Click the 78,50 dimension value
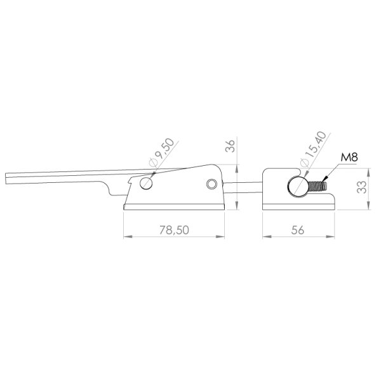174,230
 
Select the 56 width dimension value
297,230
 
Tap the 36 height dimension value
231,146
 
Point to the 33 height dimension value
362,187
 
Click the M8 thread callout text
349,157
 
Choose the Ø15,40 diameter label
313,149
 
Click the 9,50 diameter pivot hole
146,183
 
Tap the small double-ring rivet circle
211,184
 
